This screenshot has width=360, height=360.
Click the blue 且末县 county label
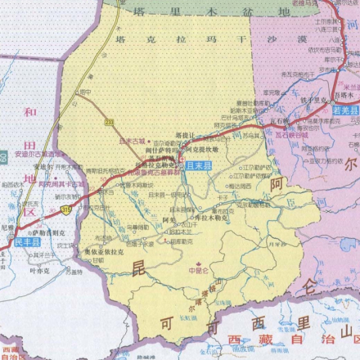click(198, 166)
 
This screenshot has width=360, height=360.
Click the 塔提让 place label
click(184, 133)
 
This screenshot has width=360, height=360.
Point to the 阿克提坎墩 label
click(201, 149)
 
